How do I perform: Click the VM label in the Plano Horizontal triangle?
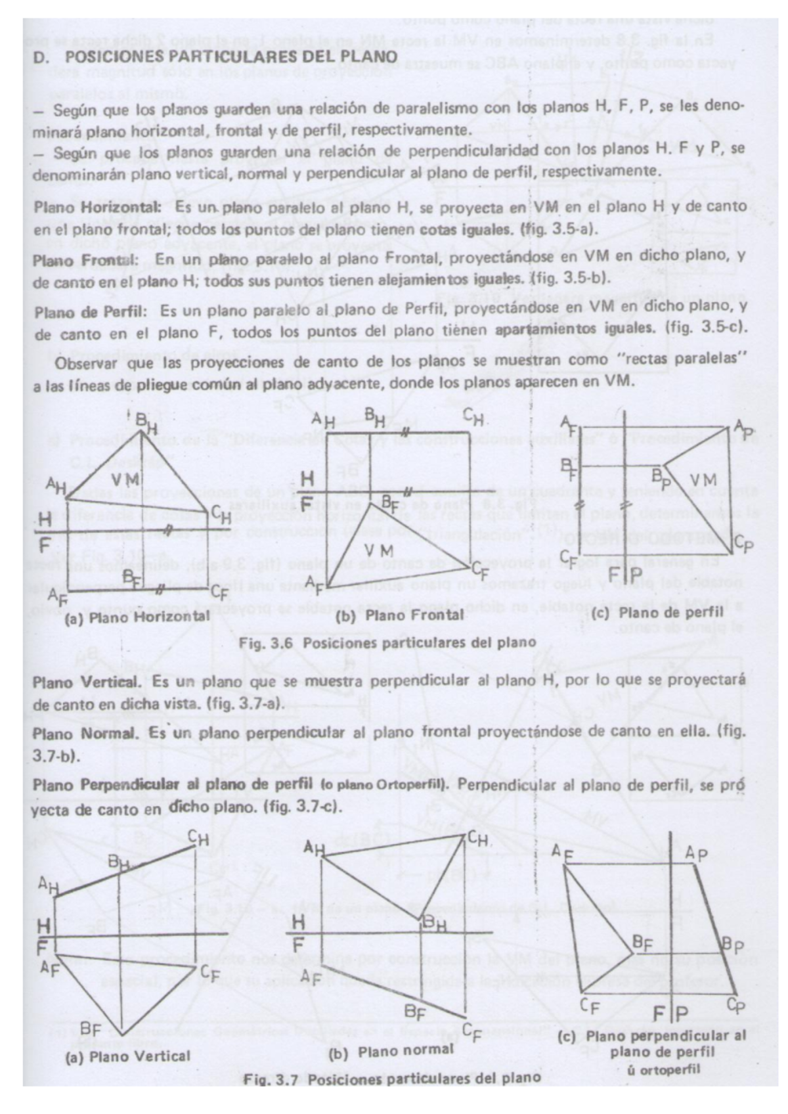125,479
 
